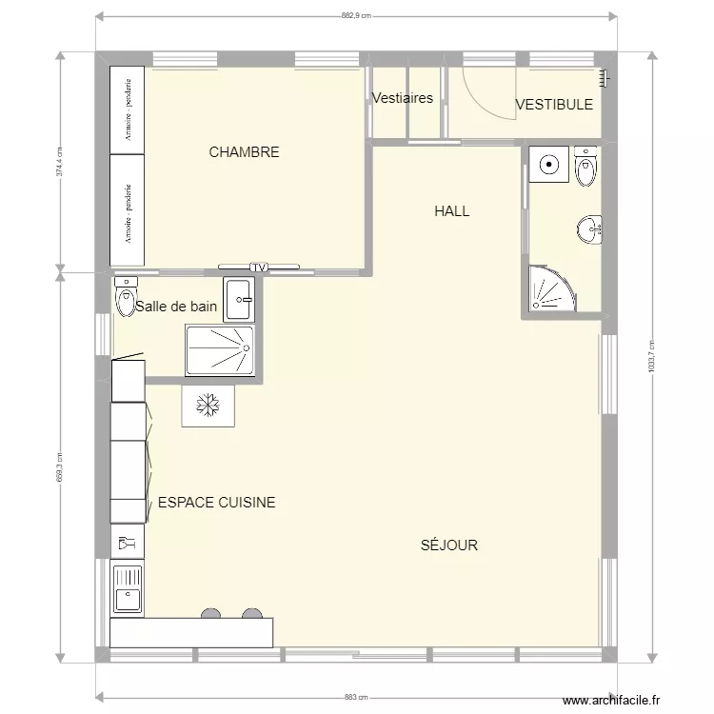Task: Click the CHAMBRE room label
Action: pos(244,152)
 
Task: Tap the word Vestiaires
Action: pos(403,98)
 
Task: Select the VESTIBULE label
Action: pos(554,105)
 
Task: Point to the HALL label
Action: pos(451,211)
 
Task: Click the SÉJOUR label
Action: pos(448,545)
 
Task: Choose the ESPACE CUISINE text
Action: pos(217,503)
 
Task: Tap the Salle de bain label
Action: pos(176,307)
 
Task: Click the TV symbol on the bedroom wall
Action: pos(259,268)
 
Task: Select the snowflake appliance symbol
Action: pos(207,407)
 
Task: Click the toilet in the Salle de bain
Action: pos(126,299)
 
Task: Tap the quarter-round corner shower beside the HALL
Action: pos(552,289)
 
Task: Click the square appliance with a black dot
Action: pos(548,164)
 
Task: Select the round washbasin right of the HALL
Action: pos(589,228)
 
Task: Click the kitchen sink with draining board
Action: pos(127,588)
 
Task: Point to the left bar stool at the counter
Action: pos(211,614)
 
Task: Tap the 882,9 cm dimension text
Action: pos(354,15)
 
